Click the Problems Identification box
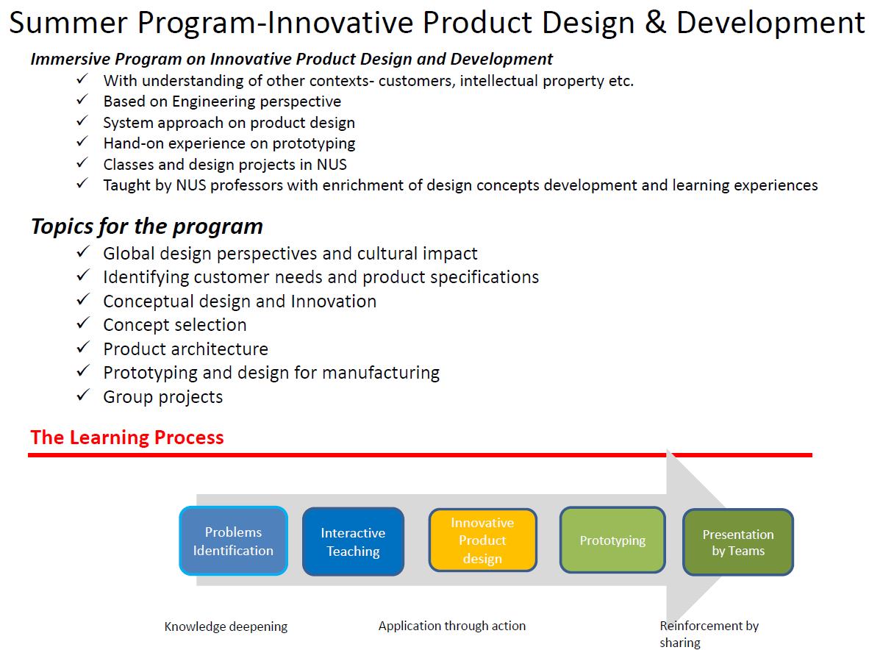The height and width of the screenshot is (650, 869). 233,541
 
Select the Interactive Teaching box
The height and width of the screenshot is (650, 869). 353,541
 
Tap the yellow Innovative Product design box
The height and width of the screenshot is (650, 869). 483,540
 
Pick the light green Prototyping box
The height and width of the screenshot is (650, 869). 612,540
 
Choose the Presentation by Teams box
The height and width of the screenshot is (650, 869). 738,542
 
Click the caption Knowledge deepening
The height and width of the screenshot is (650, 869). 226,626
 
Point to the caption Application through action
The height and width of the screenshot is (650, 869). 452,626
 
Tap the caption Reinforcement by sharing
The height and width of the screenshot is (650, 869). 709,634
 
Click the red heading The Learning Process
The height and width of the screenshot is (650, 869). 127,438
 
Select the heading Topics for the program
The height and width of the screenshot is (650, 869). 147,226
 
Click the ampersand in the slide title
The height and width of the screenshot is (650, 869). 655,23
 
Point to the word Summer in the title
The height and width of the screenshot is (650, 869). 68,23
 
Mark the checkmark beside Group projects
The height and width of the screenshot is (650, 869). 83,395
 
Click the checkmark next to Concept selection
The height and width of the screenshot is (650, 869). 83,323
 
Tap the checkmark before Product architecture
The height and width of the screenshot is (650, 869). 83,348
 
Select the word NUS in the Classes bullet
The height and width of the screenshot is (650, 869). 332,165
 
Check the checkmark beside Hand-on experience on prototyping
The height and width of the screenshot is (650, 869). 82,142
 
